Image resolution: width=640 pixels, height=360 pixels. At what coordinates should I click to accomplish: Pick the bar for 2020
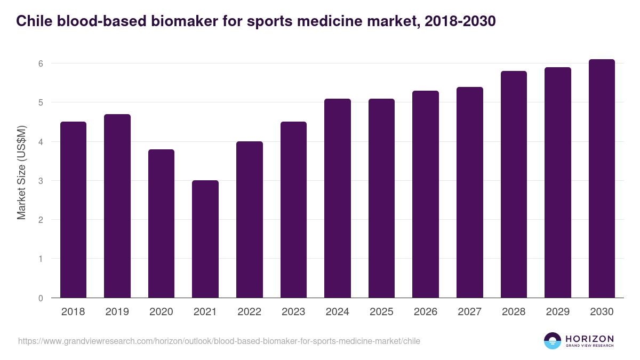tap(161, 223)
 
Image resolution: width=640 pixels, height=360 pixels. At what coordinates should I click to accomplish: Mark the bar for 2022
tap(250, 219)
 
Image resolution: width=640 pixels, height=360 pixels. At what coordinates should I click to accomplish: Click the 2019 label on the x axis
tap(117, 312)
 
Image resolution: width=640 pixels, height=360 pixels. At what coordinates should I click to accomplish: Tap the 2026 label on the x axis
tap(426, 312)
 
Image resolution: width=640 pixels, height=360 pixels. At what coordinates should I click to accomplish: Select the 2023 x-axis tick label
tap(293, 312)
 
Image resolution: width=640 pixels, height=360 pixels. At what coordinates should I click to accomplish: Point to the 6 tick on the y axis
tap(40, 63)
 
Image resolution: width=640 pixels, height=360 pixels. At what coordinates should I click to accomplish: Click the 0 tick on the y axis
tap(40, 298)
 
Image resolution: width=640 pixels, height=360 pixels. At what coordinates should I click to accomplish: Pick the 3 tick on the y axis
tap(40, 181)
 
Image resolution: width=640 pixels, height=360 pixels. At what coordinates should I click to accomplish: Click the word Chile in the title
tap(33, 21)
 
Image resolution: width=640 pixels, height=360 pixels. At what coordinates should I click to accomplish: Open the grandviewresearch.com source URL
tap(219, 341)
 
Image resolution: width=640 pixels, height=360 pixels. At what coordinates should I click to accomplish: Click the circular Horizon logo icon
tap(553, 341)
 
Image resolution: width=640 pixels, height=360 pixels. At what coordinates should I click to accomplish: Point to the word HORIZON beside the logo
tap(589, 339)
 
